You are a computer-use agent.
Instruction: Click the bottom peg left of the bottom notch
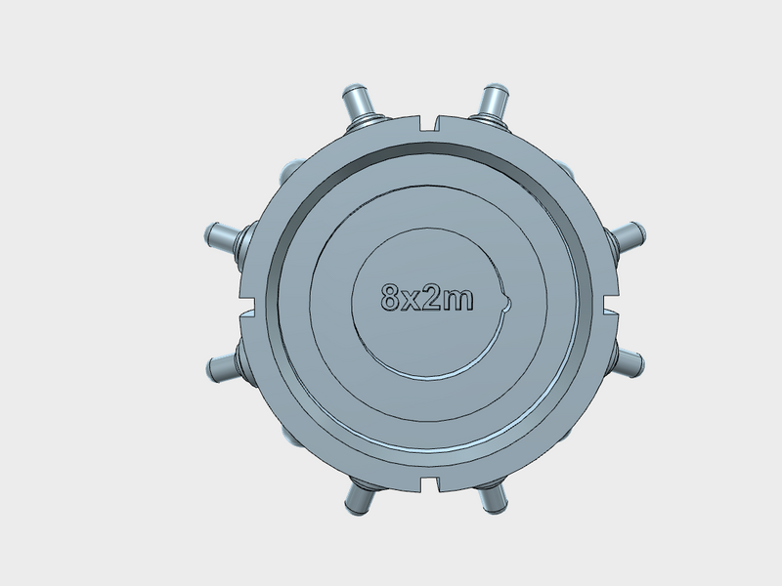point(357,502)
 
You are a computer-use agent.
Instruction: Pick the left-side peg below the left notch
point(224,366)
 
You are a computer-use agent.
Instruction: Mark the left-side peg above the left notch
point(222,236)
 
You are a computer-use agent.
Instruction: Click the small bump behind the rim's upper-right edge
point(566,168)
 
